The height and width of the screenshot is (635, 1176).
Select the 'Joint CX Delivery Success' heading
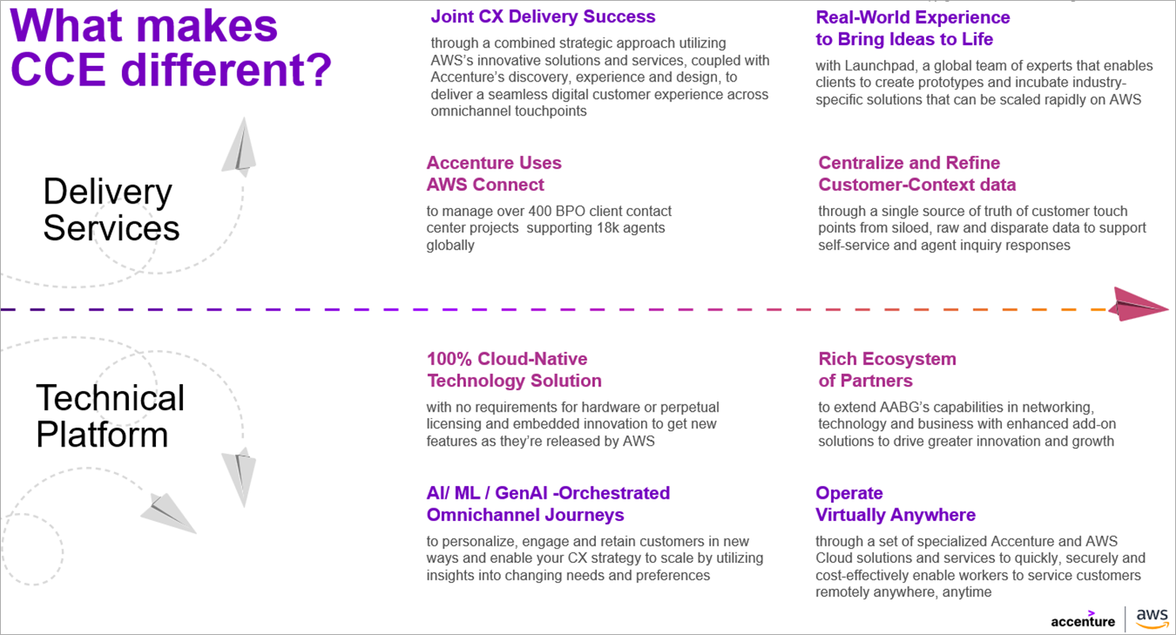[542, 16]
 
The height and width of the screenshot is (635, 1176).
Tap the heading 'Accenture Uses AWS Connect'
[494, 173]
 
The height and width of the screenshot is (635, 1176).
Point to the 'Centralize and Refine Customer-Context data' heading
[916, 173]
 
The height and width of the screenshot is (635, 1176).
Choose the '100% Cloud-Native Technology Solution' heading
[514, 370]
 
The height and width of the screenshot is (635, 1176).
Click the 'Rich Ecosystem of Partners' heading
[886, 370]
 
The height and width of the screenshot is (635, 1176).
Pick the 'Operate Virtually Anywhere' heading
[895, 504]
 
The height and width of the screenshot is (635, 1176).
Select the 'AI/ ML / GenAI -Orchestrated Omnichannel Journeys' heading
[548, 504]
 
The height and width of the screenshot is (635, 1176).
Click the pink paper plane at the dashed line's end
[1140, 306]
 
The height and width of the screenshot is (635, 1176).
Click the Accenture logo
[1083, 620]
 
